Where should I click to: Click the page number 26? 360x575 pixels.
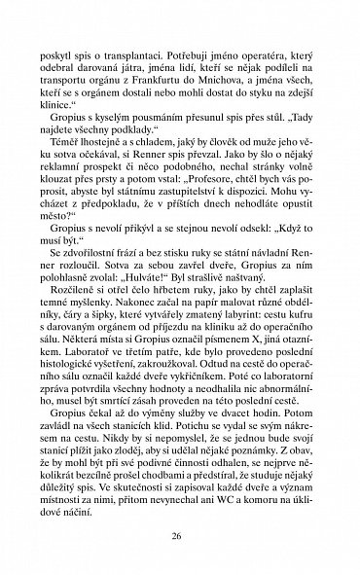click(x=179, y=535)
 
